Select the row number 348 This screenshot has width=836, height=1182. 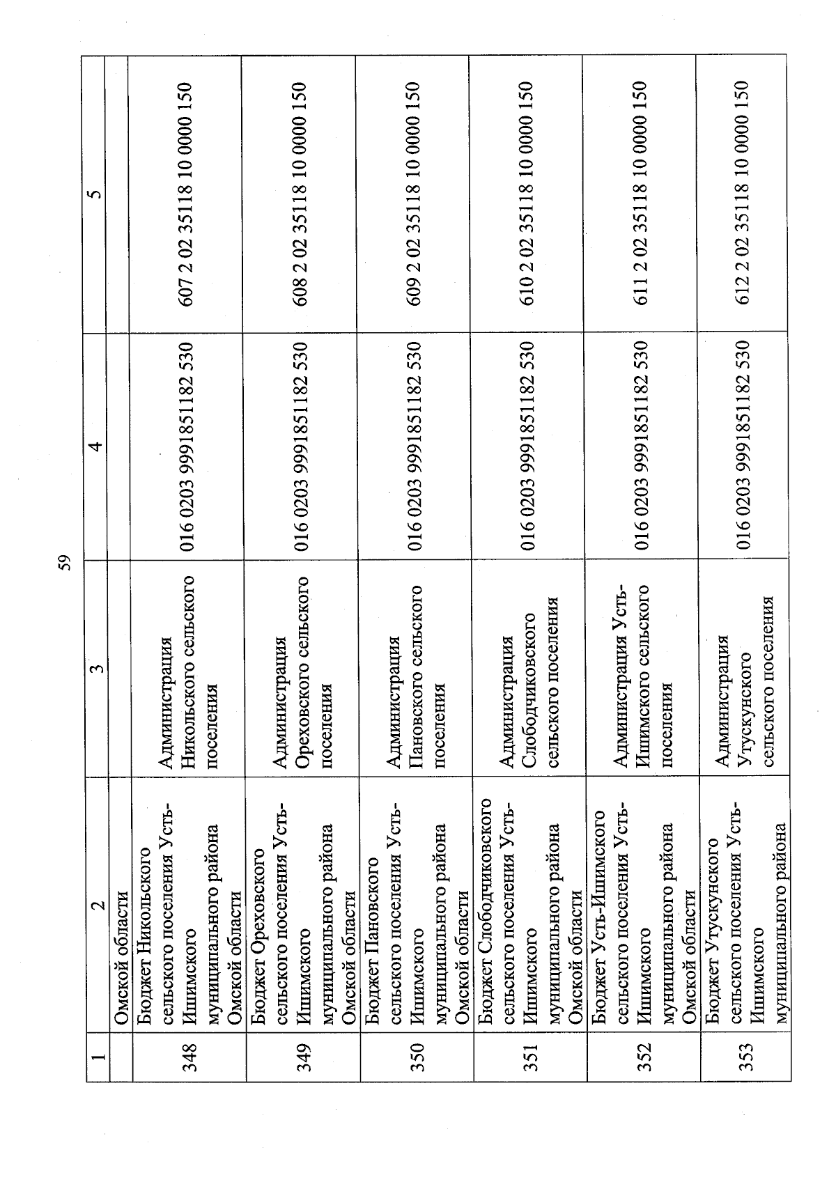(x=190, y=1061)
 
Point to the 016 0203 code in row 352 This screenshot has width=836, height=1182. (x=642, y=446)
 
